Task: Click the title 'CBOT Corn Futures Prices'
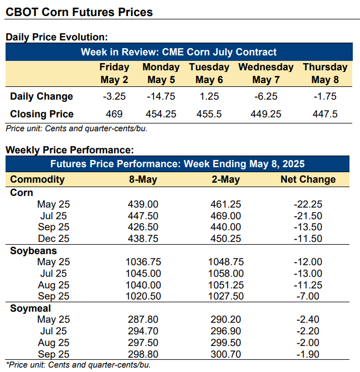pos(79,12)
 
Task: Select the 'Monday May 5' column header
pos(161,73)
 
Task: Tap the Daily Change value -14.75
pos(161,96)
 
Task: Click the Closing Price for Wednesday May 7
pos(266,114)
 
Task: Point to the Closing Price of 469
pos(114,114)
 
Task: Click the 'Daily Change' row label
pos(42,96)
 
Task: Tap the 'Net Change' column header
pos(308,179)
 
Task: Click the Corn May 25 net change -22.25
pos(308,204)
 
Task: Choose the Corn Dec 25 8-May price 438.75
pos(144,239)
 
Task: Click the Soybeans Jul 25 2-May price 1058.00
pos(225,273)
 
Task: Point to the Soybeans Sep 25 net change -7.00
pos(308,296)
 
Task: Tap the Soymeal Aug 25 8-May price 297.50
pos(144,342)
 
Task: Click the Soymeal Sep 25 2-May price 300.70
pos(225,354)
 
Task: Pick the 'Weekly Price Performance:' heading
pos(69,150)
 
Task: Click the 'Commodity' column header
pos(37,179)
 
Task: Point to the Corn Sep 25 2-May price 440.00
pos(225,227)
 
